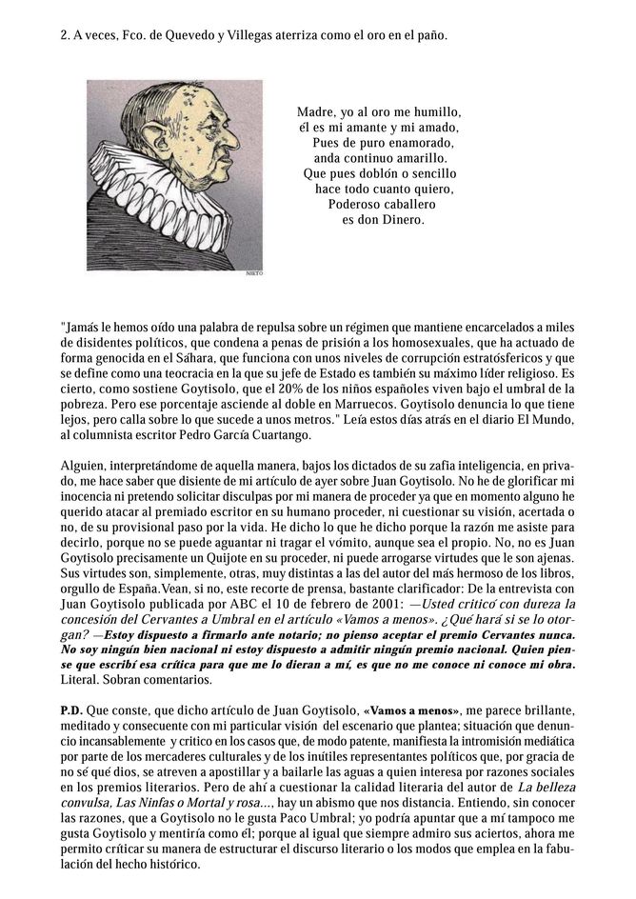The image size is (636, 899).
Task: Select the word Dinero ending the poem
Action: (402, 220)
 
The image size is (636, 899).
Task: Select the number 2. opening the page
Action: (65, 36)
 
